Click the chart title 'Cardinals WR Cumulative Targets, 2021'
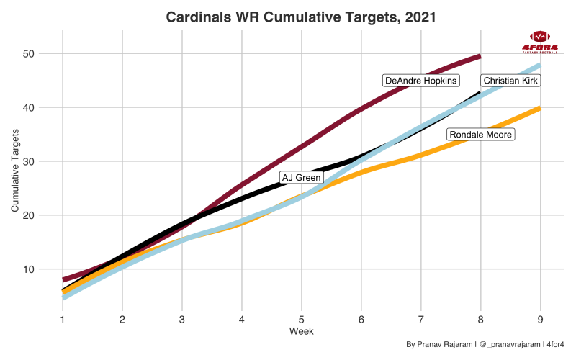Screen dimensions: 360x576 click(301, 17)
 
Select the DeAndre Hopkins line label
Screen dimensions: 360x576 click(421, 81)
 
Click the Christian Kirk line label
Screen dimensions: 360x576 click(510, 81)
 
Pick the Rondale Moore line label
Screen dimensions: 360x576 click(480, 135)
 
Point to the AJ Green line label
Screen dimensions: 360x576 click(301, 177)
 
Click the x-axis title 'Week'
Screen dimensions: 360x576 click(301, 331)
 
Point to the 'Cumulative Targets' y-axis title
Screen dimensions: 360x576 click(15, 171)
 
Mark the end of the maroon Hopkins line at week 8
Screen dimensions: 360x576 click(480, 56)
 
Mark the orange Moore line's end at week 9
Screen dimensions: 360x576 click(539, 108)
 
